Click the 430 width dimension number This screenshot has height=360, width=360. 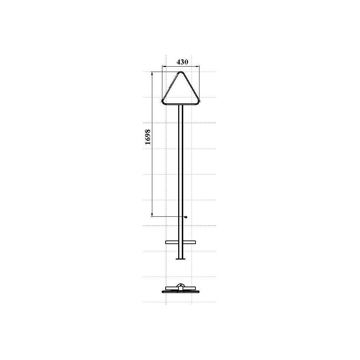tap(182, 62)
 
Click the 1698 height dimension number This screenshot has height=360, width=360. tap(148, 137)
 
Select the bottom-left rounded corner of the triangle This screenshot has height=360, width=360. tap(163, 102)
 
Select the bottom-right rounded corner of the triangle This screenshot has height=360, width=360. tap(198, 102)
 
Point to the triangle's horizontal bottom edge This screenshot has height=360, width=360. tap(181, 104)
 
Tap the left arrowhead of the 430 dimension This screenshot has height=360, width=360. tap(163, 67)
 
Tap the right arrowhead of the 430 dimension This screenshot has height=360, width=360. tap(198, 67)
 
